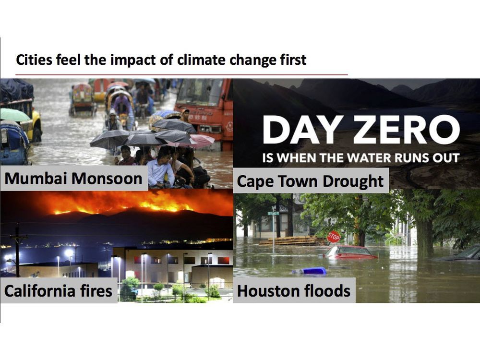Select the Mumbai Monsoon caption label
pos(73,179)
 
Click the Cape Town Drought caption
pos(311,181)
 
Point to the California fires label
pos(58,290)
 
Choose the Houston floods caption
pos(294,290)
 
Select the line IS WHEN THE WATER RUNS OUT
pos(361,157)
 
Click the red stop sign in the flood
pos(334,237)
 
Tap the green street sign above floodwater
pos(273,213)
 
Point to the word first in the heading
pos(291,60)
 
